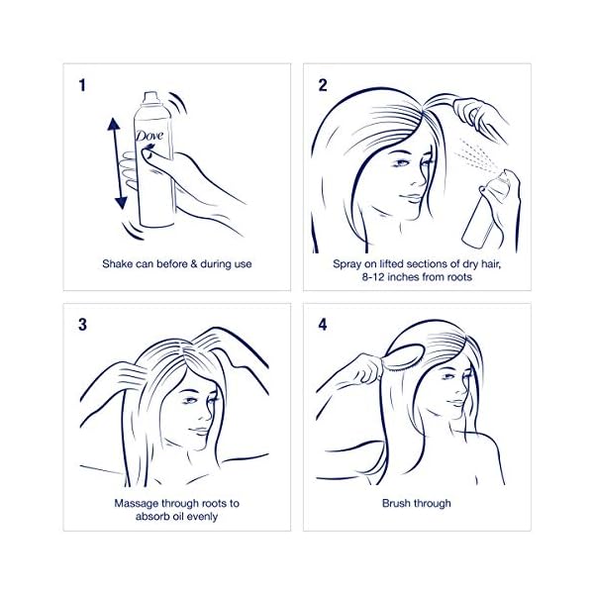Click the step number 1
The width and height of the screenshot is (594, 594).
tap(84, 86)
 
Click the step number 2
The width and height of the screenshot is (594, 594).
tap(323, 86)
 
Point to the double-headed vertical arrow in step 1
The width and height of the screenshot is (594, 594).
tap(120, 163)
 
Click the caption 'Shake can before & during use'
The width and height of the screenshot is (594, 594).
tap(177, 264)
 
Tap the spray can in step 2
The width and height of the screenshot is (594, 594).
tap(482, 210)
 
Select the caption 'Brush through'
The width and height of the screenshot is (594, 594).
tap(416, 504)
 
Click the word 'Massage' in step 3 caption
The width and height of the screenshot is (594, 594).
tap(140, 504)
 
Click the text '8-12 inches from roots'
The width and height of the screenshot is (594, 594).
tap(416, 278)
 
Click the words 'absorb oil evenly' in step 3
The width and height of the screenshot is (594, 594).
tap(177, 517)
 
